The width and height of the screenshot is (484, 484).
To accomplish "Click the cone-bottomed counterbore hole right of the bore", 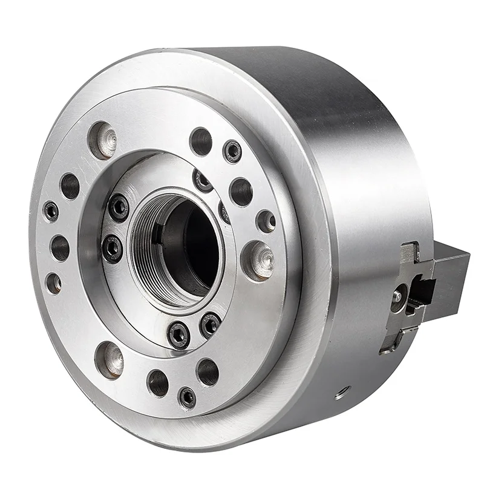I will coord(258,260).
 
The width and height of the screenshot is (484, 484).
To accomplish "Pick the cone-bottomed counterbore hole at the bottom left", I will coord(110,358).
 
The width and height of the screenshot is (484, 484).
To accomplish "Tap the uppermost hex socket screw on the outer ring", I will coord(232,151).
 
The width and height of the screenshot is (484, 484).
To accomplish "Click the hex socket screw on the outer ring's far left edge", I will coord(51,211).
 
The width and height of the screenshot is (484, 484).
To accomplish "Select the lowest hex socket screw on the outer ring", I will coord(188,397).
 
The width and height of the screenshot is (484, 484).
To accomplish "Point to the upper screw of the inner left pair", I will coord(119,208).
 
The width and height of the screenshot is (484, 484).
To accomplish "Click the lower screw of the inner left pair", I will coord(113,248).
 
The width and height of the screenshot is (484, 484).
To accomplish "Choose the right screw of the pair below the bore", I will coord(210,324).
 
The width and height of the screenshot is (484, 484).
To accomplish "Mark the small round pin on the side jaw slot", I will coord(397,296).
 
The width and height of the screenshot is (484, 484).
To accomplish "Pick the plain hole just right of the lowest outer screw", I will coord(207,371).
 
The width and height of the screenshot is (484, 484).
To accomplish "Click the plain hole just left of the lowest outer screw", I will coord(159,382).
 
